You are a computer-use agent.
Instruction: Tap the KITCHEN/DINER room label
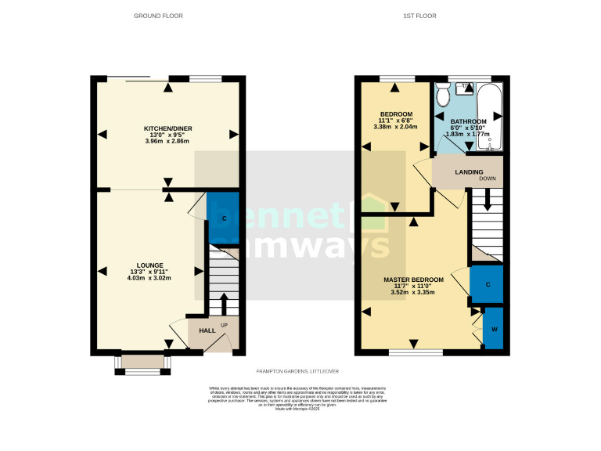(167, 128)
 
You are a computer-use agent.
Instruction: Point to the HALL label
(207, 330)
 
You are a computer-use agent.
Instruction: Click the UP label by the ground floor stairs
(225, 324)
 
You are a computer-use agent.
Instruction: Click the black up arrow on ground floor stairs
(225, 302)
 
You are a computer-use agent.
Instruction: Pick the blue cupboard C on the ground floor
(224, 218)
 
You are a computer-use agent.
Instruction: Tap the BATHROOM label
(468, 121)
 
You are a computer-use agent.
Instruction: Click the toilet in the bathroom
(444, 96)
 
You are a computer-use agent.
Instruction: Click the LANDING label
(470, 172)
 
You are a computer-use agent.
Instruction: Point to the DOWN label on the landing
(488, 179)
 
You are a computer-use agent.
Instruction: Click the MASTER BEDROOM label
(413, 280)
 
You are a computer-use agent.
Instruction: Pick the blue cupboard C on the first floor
(487, 285)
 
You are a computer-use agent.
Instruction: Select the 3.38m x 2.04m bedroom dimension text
(395, 127)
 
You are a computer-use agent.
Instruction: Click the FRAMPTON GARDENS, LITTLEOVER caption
(297, 371)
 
